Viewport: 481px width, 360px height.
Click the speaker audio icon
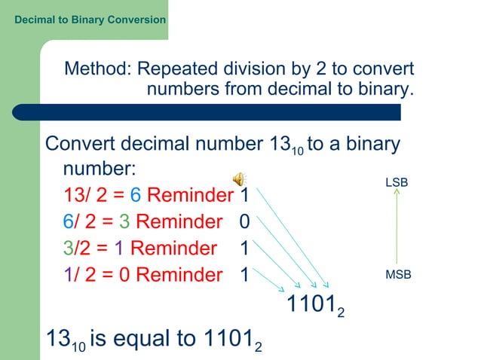(238, 178)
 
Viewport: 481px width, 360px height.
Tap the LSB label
(397, 183)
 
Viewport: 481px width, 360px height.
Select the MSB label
(398, 275)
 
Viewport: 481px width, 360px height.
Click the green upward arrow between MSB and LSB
(397, 227)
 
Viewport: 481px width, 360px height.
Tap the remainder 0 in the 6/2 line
(244, 223)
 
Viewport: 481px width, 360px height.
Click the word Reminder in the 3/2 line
(173, 249)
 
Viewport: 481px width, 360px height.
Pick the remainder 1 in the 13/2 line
(244, 197)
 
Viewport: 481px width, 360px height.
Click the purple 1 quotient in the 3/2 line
(119, 249)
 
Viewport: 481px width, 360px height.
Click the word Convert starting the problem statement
(81, 143)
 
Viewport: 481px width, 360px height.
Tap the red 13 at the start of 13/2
(75, 197)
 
